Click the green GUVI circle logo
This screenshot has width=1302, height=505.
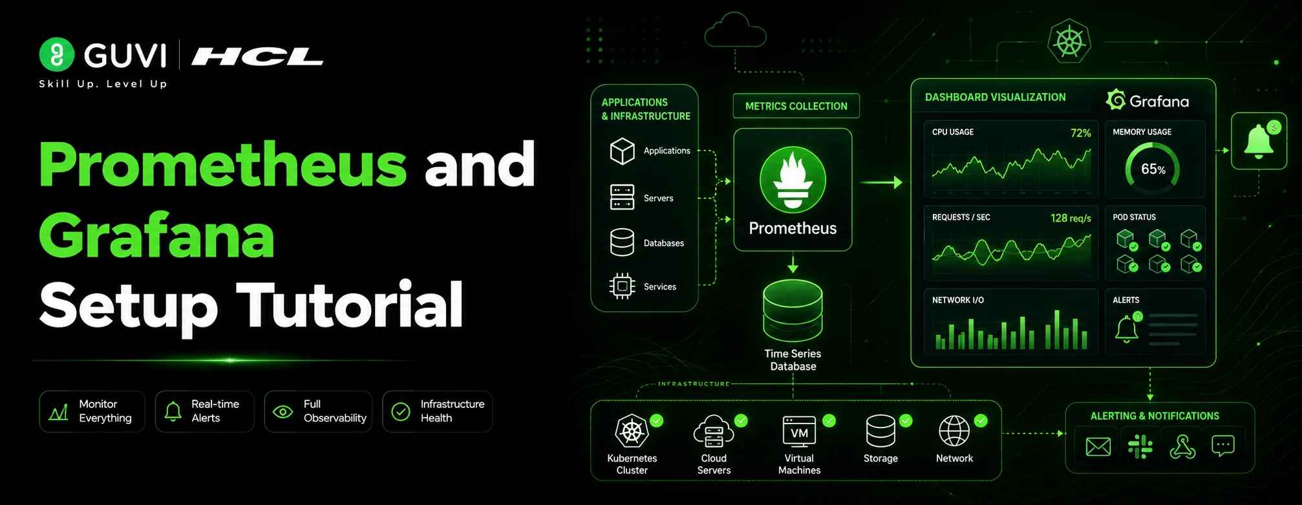point(57,54)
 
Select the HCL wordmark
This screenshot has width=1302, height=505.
point(257,57)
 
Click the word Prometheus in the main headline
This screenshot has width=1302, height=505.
point(222,166)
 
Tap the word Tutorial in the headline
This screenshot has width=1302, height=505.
point(350,304)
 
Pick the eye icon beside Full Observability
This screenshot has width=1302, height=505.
point(283,411)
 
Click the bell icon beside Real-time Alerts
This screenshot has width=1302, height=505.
point(173,411)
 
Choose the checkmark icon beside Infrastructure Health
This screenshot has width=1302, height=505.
point(401,411)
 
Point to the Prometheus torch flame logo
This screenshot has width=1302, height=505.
point(793,180)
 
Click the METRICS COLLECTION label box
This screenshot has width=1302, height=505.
point(796,106)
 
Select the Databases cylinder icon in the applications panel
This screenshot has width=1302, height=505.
point(622,242)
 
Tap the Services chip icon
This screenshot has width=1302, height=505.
point(622,286)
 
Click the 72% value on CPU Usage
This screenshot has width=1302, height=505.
point(1080,133)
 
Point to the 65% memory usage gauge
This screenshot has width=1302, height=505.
point(1153,169)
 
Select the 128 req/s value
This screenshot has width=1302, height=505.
point(1071,219)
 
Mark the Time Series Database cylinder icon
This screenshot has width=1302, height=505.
point(793,310)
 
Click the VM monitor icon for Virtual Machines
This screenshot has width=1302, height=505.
point(799,431)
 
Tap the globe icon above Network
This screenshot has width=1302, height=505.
point(954,431)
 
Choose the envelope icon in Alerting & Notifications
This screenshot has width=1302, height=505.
point(1098,447)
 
